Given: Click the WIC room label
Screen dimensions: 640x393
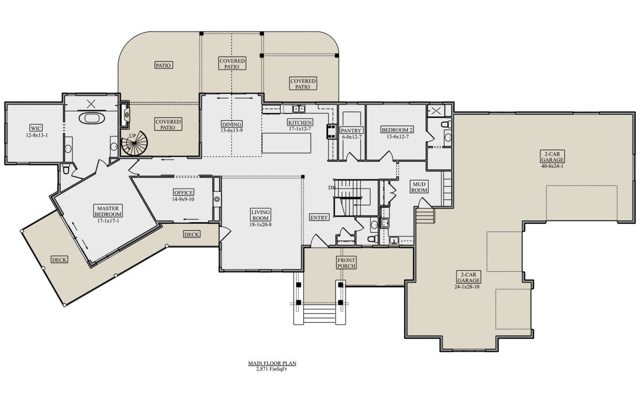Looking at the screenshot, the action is (36, 128).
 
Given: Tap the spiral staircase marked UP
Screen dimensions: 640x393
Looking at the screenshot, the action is (134, 143).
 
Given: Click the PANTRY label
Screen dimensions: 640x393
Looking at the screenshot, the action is (351, 130).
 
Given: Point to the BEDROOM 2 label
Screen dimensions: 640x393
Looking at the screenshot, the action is (397, 130).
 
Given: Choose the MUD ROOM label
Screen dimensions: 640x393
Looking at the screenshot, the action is (419, 187).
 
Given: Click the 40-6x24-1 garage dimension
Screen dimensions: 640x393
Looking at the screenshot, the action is (553, 166).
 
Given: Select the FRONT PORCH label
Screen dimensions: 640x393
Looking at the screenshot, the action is (346, 263).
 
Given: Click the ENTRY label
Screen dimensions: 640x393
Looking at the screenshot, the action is (319, 218).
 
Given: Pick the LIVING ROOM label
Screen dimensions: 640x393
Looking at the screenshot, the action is (261, 215).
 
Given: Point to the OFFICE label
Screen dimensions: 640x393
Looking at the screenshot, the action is (183, 193).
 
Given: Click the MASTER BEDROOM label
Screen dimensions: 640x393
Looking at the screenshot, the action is (108, 211).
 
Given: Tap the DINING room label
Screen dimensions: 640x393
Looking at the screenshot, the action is (231, 124).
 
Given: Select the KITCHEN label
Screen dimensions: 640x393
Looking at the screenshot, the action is (300, 122).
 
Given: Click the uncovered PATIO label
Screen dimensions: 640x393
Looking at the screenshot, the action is (163, 65).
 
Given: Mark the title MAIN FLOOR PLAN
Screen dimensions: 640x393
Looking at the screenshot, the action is (272, 363).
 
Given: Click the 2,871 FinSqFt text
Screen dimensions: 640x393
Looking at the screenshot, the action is (271, 369).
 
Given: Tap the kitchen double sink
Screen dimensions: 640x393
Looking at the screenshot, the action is (299, 109).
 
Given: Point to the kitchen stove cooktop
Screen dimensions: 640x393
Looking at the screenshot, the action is (332, 131).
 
